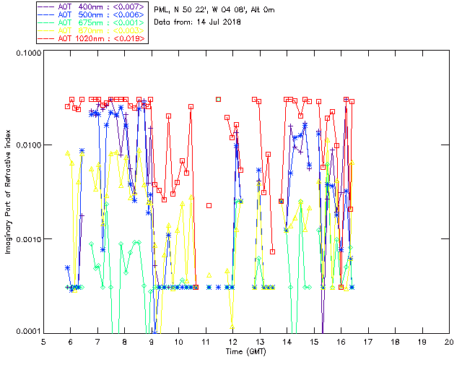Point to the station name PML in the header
point(162,9)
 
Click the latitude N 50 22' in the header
point(190,9)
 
